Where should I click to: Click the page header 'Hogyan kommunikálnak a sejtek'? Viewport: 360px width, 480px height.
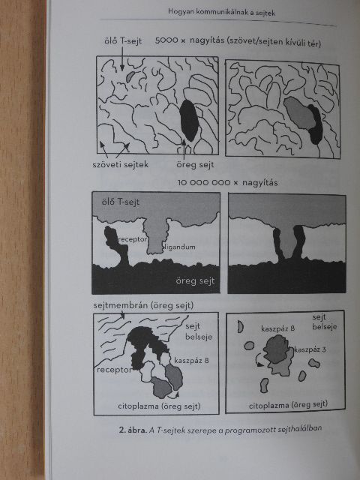(221, 13)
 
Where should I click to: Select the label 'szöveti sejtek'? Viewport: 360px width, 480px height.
(120, 164)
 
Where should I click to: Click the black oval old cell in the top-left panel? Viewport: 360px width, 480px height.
(188, 120)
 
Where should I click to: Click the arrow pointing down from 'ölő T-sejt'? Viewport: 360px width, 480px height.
(122, 58)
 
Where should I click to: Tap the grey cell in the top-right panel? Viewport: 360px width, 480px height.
(300, 112)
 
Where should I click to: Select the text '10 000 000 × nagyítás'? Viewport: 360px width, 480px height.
(228, 183)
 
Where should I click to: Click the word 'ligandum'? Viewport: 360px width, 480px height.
(179, 247)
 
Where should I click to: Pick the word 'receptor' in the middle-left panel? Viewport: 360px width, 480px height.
(132, 239)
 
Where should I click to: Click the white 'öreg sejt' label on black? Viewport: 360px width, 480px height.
(195, 280)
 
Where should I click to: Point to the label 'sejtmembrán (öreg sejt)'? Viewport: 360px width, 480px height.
(143, 305)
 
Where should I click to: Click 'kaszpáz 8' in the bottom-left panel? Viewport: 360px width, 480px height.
(191, 360)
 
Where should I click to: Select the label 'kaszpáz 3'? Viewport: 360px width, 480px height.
(310, 349)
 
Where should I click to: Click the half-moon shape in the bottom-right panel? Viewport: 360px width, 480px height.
(240, 326)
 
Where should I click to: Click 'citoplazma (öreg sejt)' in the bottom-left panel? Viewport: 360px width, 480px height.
(159, 406)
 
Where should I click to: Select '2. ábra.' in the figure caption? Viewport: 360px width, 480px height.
(133, 430)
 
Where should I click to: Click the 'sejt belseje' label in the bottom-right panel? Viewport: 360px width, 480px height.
(325, 322)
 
